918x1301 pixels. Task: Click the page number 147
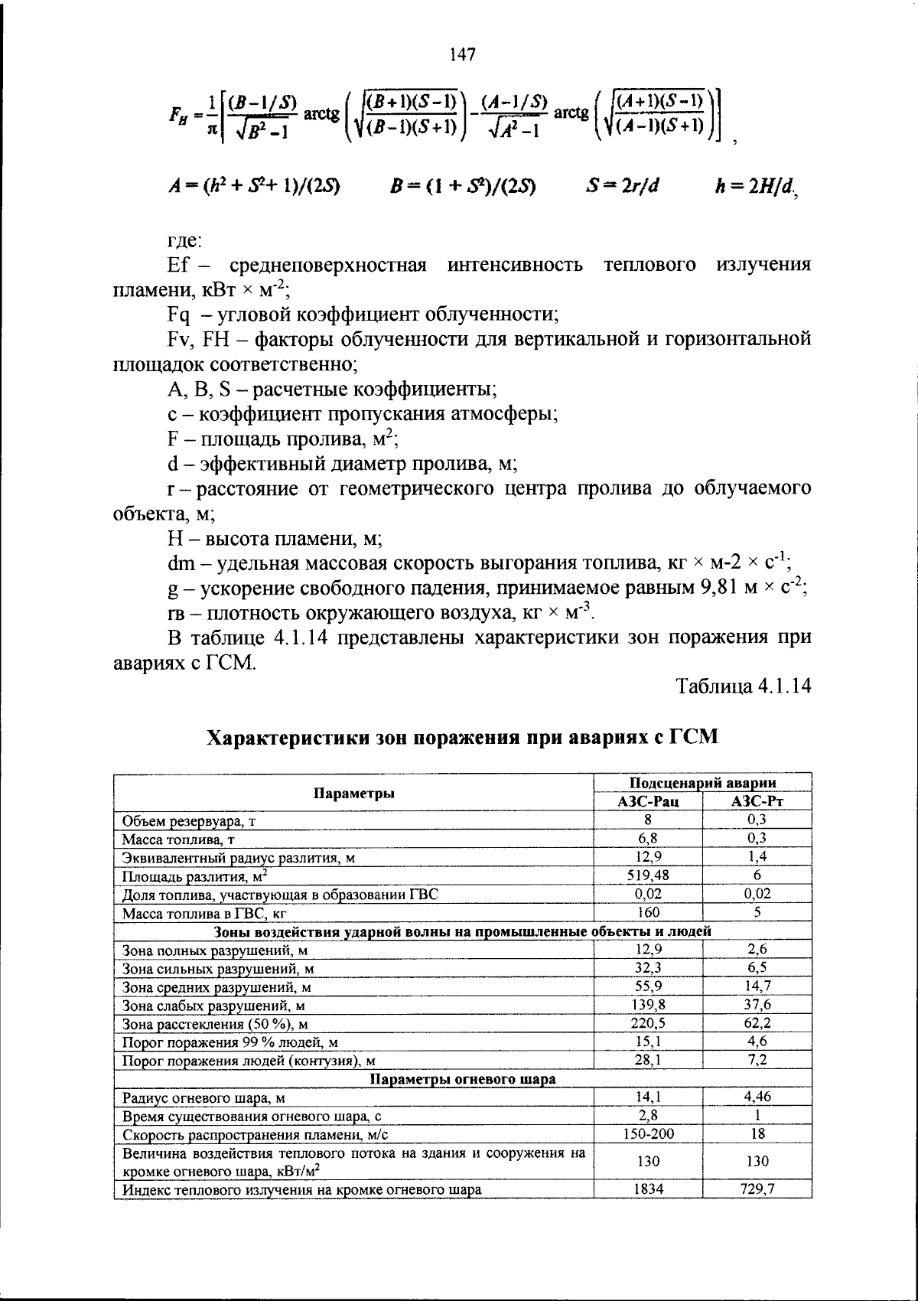pos(462,55)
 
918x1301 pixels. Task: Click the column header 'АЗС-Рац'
pos(648,801)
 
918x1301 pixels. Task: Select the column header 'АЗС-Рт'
pos(757,801)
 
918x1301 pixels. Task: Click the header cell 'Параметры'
pos(353,793)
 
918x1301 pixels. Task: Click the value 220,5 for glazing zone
pos(648,1023)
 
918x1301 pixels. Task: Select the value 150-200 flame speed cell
pos(648,1134)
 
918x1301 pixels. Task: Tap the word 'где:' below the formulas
pos(184,240)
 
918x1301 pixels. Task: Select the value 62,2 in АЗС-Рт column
pos(757,1023)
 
